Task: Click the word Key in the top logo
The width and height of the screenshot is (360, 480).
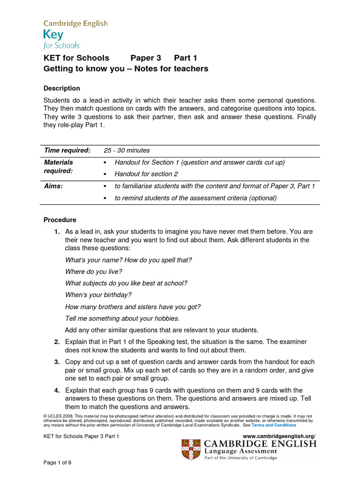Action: [53, 34]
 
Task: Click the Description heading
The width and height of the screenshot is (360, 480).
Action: [62, 88]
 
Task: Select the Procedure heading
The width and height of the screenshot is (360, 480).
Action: [60, 220]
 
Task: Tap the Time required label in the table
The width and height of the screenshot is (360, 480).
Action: [67, 150]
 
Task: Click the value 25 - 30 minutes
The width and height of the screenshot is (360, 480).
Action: [127, 150]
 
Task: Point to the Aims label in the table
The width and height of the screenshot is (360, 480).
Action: [53, 186]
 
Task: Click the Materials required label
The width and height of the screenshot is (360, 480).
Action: [59, 166]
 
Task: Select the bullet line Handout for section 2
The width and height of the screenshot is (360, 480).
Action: [146, 174]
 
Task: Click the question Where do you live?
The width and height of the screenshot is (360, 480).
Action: [94, 271]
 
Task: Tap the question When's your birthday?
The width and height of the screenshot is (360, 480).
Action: [98, 295]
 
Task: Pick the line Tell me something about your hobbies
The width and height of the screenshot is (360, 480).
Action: [122, 318]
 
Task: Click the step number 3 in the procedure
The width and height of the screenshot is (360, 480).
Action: [56, 362]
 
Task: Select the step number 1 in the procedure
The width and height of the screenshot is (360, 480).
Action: [56, 232]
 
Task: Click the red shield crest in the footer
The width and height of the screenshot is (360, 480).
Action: [191, 449]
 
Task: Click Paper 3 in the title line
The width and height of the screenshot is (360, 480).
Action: [145, 58]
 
